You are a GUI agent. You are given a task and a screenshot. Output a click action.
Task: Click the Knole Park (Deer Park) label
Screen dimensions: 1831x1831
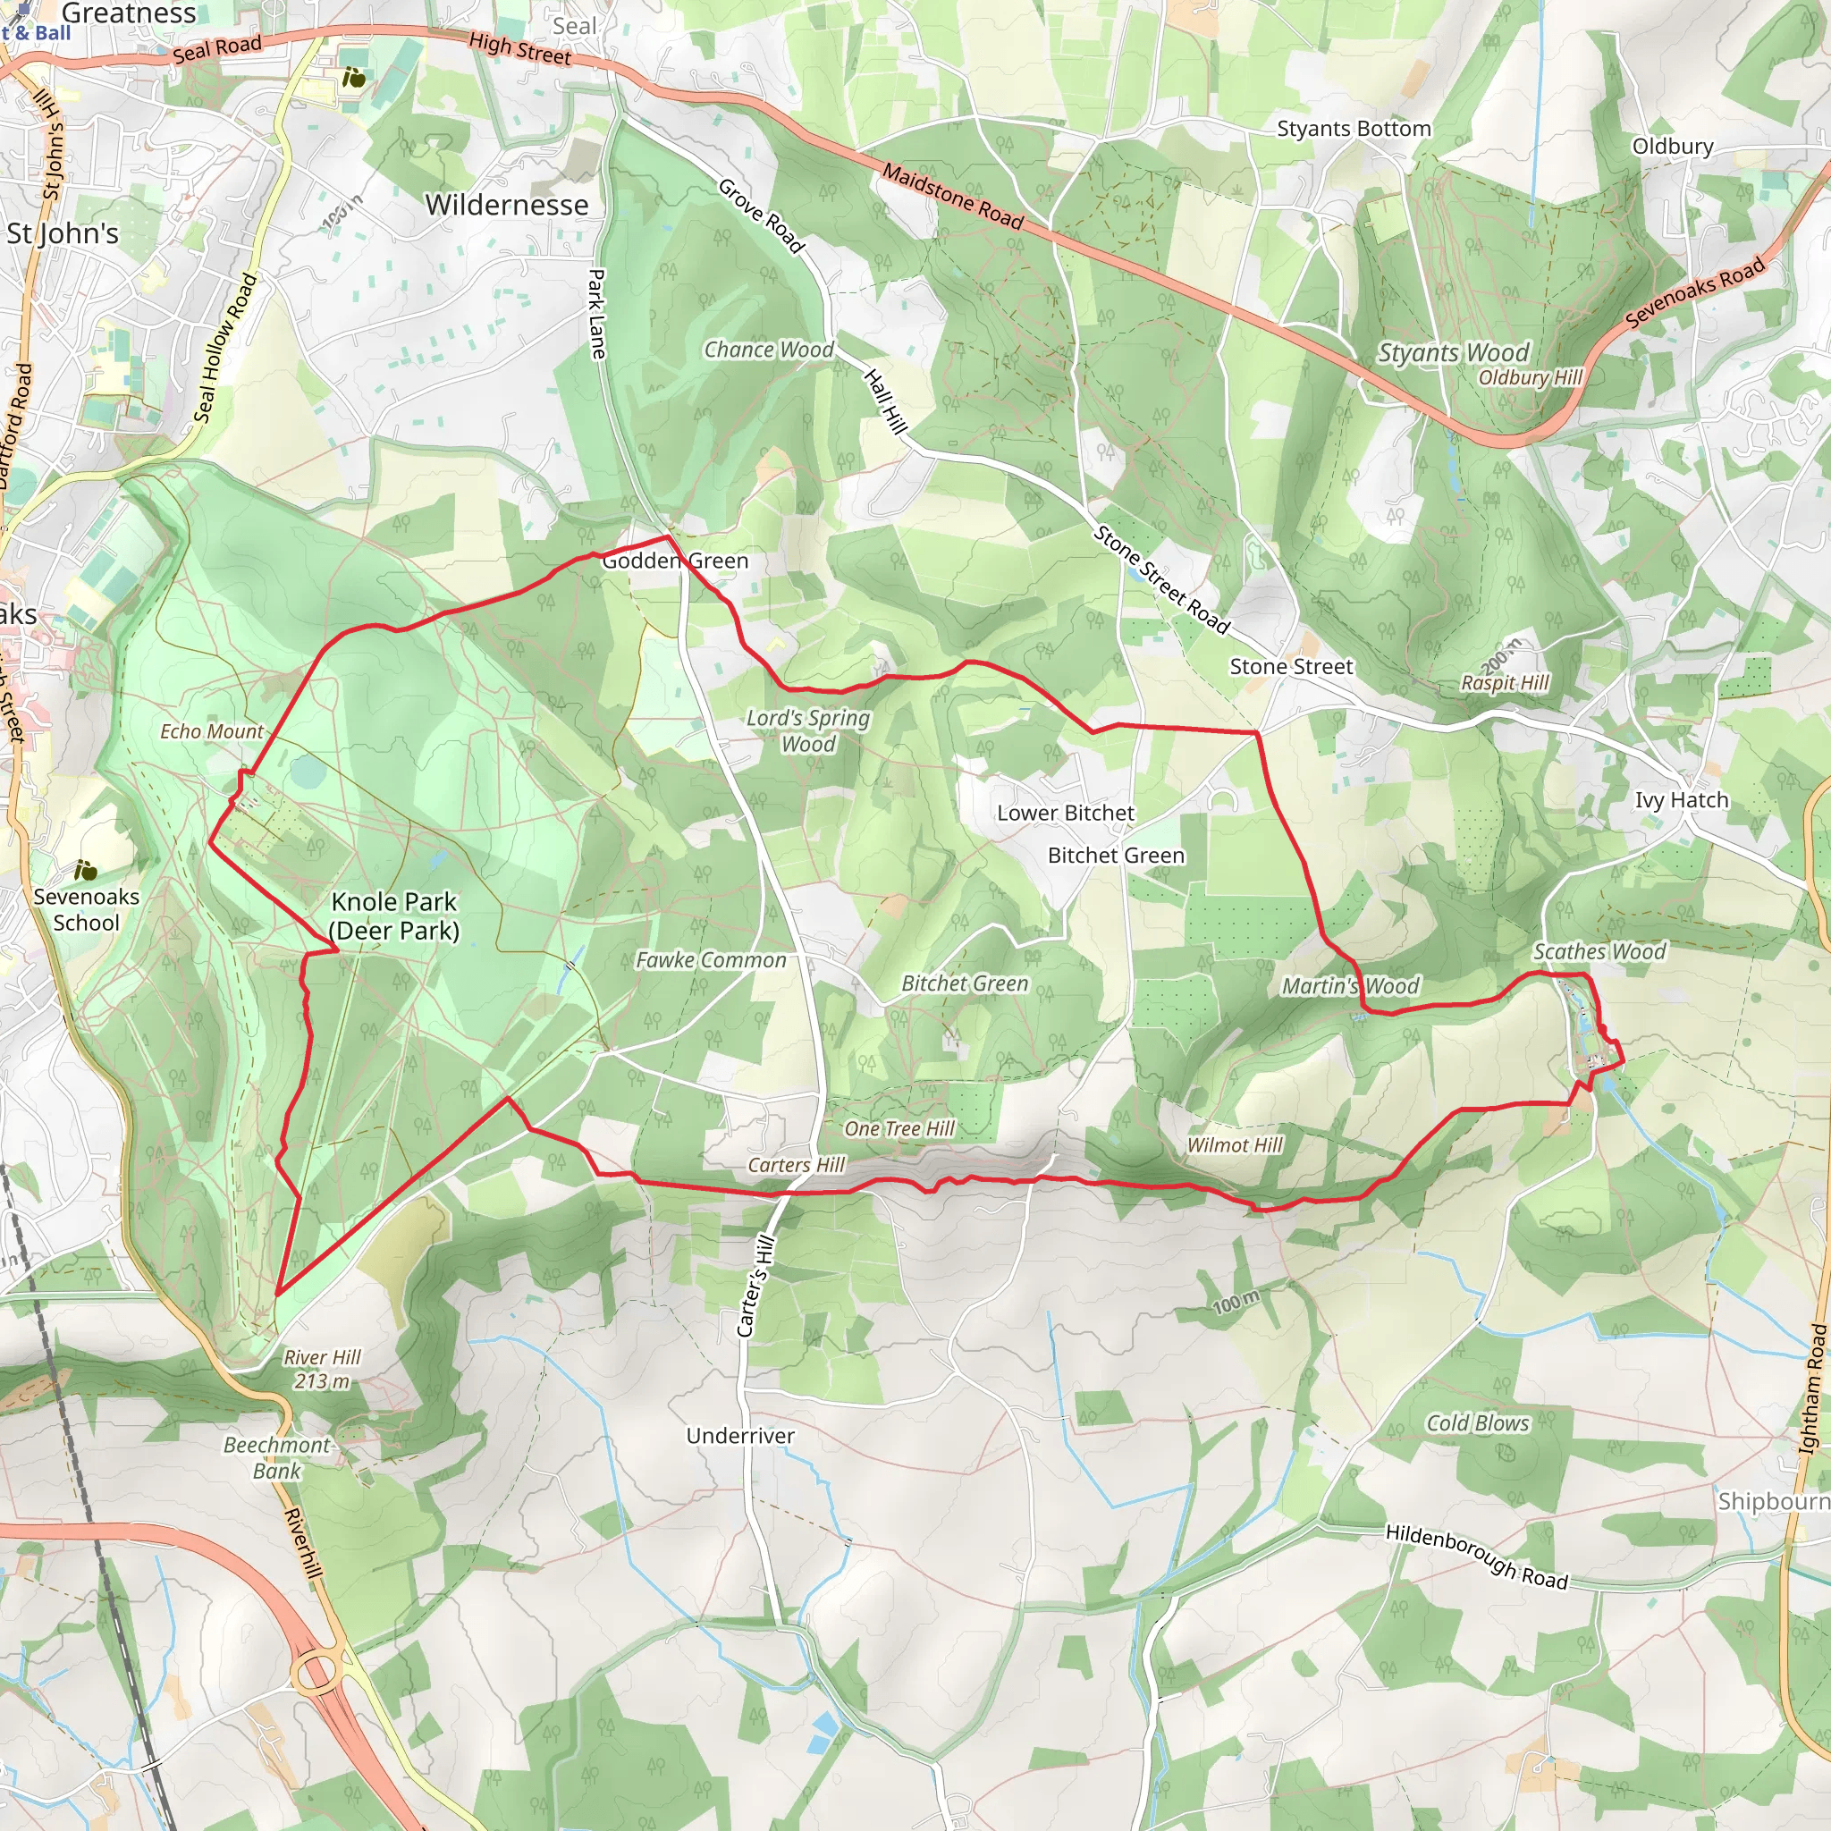394,915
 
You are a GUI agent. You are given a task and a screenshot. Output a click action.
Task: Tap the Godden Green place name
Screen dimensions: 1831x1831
675,561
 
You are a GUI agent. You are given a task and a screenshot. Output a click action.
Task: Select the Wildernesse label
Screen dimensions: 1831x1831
506,205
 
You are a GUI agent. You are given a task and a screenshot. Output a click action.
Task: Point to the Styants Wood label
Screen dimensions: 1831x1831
1453,352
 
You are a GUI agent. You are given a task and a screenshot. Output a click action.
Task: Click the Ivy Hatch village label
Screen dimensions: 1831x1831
1682,800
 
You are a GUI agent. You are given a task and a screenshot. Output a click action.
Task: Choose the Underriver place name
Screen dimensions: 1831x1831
740,1436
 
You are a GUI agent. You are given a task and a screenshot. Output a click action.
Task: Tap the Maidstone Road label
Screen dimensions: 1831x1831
952,197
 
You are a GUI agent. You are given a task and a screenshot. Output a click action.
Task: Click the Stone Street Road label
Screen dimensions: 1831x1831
1161,579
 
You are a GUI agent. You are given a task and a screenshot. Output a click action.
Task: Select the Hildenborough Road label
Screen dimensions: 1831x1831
1477,1556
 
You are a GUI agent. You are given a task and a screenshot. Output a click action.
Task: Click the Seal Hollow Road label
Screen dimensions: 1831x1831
224,348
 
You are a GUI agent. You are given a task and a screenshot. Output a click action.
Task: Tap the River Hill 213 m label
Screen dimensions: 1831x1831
322,1369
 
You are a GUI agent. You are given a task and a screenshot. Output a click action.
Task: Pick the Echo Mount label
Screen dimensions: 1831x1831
211,731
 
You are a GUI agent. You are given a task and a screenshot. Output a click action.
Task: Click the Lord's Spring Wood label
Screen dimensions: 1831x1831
807,730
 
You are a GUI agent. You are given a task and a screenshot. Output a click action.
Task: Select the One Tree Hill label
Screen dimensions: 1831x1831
899,1129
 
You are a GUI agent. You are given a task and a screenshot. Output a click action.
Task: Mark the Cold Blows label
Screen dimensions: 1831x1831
1477,1423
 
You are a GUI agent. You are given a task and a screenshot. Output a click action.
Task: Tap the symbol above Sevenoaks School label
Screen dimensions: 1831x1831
85,869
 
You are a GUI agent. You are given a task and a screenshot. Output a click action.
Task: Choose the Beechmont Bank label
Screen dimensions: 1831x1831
277,1457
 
